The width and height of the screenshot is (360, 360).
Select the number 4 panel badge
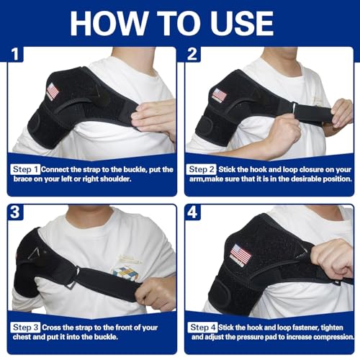tap(194, 213)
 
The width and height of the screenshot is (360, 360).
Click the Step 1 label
tap(26, 169)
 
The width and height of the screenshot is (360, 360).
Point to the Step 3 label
tap(26, 328)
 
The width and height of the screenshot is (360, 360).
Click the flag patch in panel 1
tap(52, 91)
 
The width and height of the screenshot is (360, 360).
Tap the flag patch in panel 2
tap(219, 95)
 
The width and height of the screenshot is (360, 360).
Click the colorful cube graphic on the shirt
tap(125, 273)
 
